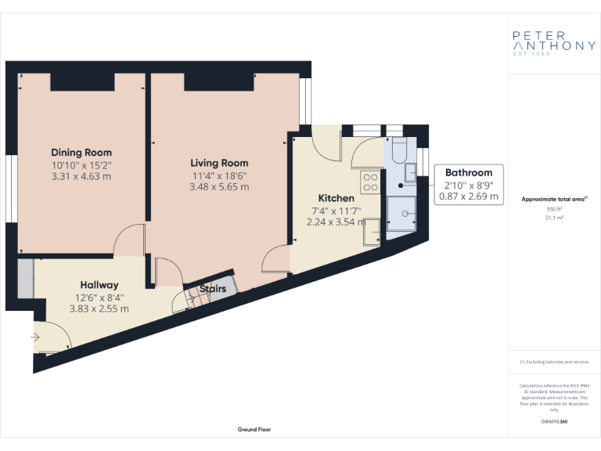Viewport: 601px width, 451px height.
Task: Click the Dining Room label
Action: pyautogui.click(x=81, y=152)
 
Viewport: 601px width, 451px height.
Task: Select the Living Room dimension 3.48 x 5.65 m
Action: pyautogui.click(x=219, y=187)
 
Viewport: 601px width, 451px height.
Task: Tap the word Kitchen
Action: pyautogui.click(x=336, y=198)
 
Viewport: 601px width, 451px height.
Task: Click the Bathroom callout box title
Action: pyautogui.click(x=469, y=172)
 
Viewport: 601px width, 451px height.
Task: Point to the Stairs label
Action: pyautogui.click(x=213, y=289)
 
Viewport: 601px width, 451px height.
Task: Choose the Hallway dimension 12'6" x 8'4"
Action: pyautogui.click(x=99, y=298)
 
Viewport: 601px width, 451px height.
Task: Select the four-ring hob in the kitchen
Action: pyautogui.click(x=369, y=182)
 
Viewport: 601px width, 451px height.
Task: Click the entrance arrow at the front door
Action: pyautogui.click(x=35, y=337)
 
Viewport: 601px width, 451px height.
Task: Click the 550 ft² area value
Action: pyautogui.click(x=554, y=210)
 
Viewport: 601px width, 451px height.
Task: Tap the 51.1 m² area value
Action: pyautogui.click(x=554, y=218)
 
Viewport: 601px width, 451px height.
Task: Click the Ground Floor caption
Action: pyautogui.click(x=254, y=430)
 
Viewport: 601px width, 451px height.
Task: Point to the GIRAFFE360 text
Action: pyautogui.click(x=554, y=422)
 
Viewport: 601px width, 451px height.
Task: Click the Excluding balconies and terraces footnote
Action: pyautogui.click(x=554, y=362)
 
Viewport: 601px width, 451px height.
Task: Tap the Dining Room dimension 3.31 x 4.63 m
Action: pyautogui.click(x=81, y=176)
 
